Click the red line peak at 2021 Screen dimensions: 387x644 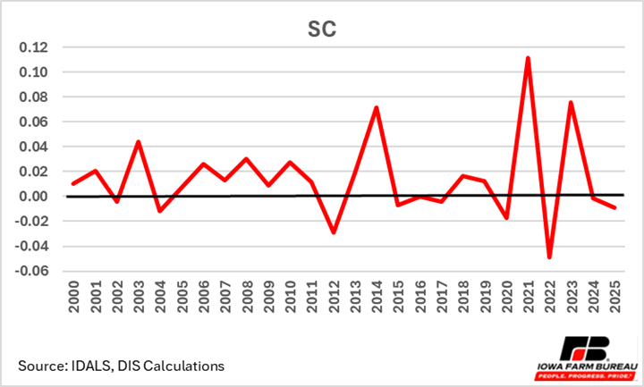(x=529, y=58)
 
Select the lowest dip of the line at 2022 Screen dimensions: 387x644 (x=549, y=257)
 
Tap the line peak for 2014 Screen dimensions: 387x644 (x=377, y=107)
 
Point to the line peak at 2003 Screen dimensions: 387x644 (x=139, y=141)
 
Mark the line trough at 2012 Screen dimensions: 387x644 (x=334, y=232)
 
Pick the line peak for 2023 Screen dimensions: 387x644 (x=570, y=102)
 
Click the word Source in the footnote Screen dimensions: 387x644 (x=41, y=366)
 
